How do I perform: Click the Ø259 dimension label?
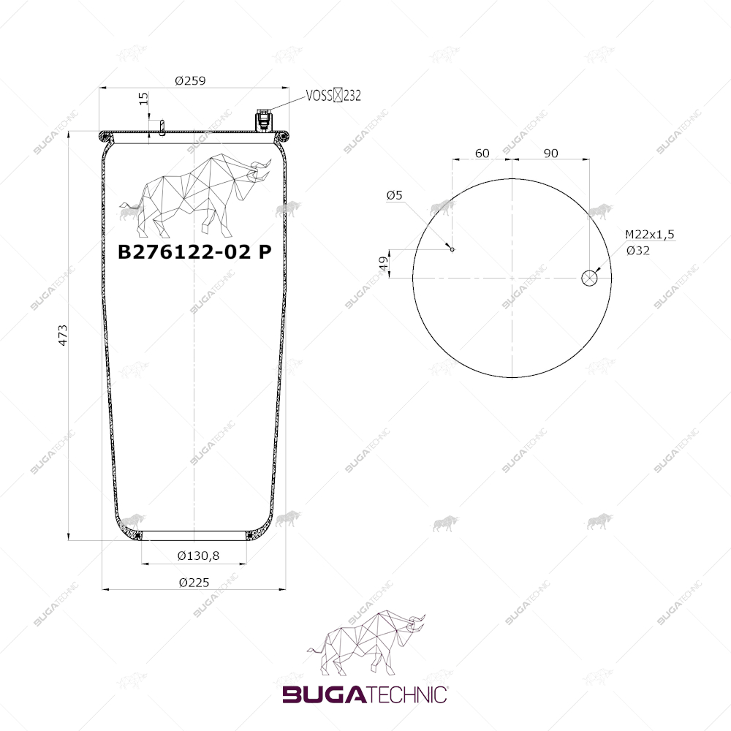190,80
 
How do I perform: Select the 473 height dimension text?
62,336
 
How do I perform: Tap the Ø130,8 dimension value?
198,556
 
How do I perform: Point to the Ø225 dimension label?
194,583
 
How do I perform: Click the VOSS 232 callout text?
333,95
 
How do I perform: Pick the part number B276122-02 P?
194,251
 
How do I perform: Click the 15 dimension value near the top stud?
143,99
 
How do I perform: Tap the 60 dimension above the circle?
482,153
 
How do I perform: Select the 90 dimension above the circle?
550,153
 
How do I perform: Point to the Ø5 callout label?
395,195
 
